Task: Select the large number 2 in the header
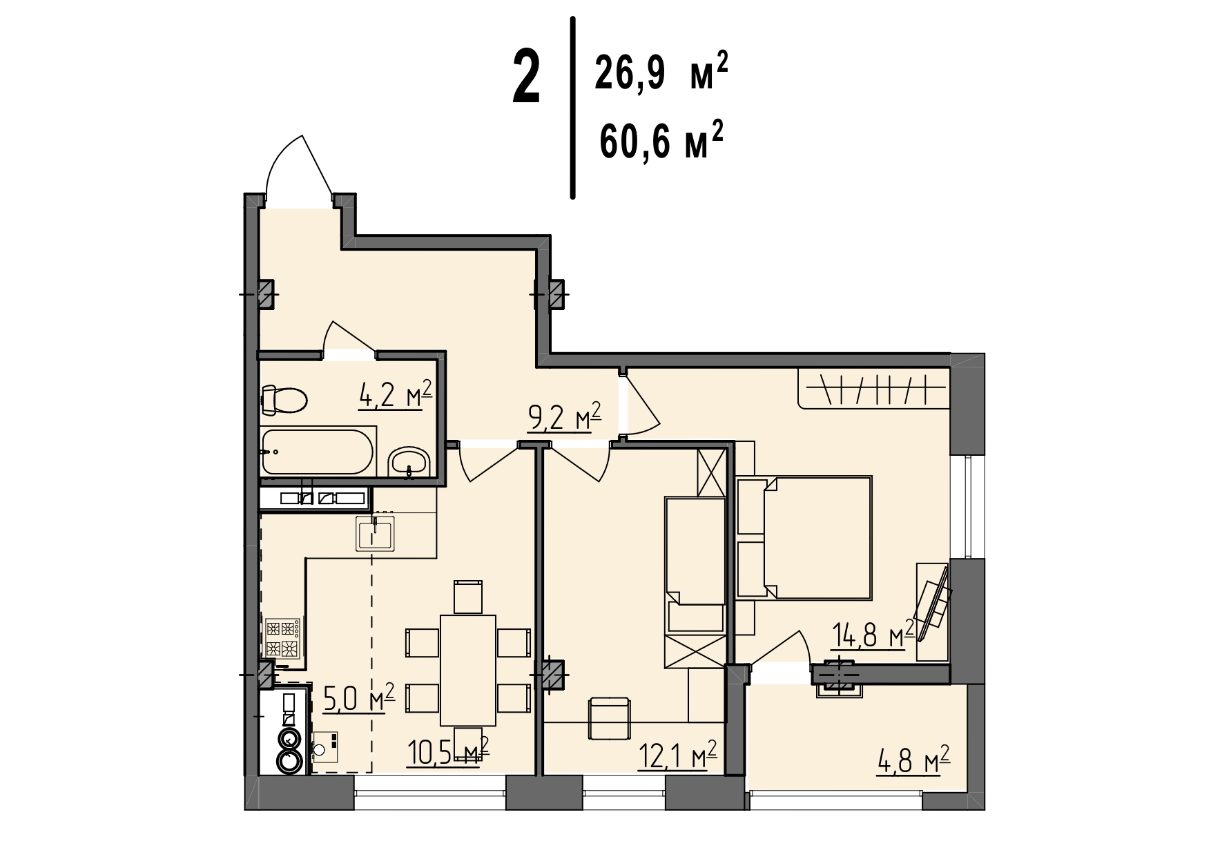coord(526,80)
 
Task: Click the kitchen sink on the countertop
coord(375,533)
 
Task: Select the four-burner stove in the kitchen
coord(283,637)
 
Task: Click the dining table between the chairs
coord(468,670)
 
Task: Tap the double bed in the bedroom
coord(804,537)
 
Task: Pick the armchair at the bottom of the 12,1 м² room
coord(609,718)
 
